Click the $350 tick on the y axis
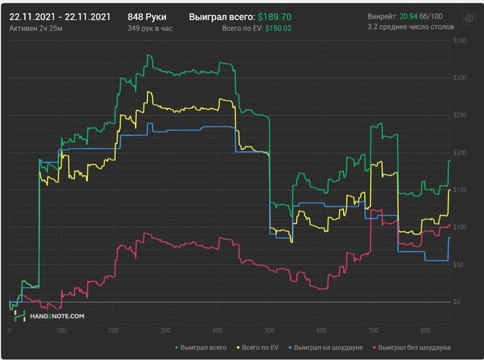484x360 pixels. point(460,41)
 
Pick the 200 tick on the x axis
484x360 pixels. point(113,330)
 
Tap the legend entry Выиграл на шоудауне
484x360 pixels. point(325,347)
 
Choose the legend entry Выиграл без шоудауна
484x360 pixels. point(411,347)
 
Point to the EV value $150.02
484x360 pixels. point(275,28)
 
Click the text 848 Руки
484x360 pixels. point(147,16)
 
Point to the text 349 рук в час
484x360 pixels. point(150,28)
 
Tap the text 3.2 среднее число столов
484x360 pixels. point(411,28)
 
